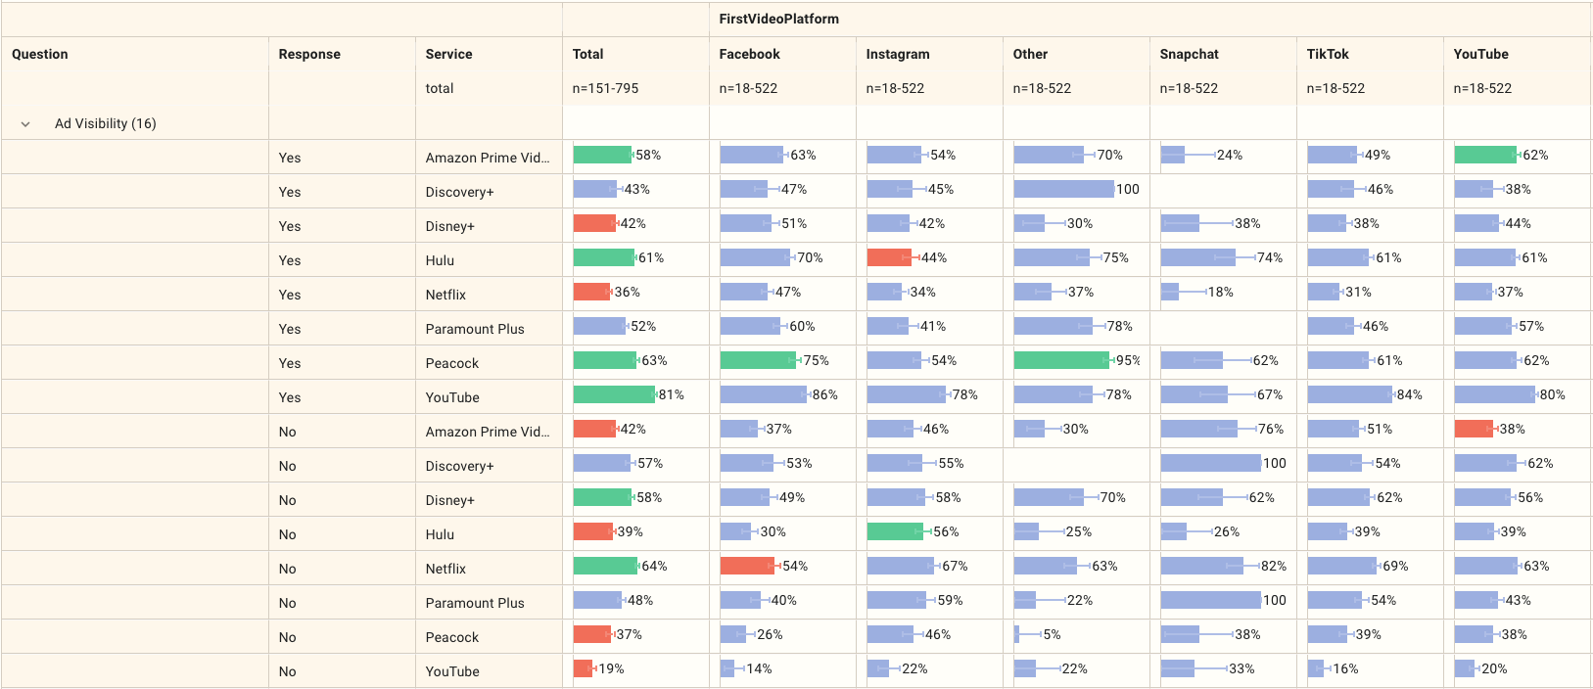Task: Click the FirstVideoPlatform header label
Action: (778, 19)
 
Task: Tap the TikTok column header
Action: (1327, 54)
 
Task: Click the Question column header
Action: (40, 54)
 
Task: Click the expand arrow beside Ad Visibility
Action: (25, 124)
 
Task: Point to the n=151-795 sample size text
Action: (605, 88)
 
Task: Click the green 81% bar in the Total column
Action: (614, 394)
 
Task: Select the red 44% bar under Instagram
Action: (889, 257)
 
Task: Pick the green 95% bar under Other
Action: (1061, 360)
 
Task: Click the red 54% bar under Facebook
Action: (747, 566)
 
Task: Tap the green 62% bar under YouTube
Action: (1484, 155)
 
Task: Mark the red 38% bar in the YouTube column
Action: (1474, 429)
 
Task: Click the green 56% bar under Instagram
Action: (895, 531)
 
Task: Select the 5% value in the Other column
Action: (1052, 634)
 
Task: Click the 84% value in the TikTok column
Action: (1409, 394)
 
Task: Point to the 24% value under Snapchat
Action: (1229, 155)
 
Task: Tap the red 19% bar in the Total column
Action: (583, 668)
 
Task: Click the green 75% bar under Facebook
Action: (758, 360)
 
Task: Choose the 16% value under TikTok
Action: (1345, 668)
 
